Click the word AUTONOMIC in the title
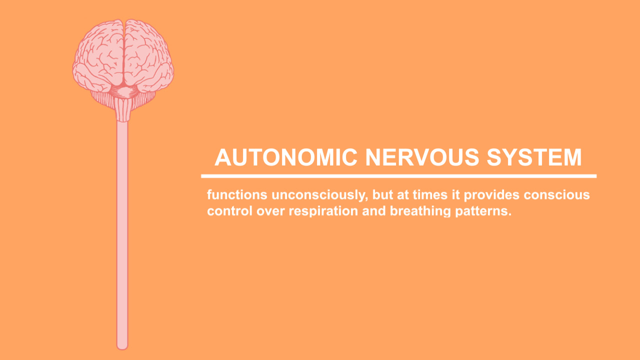(286, 157)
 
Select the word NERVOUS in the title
(422, 157)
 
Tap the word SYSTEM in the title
(534, 157)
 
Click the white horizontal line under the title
(399, 176)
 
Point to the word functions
(237, 195)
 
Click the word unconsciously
(319, 195)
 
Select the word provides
(491, 195)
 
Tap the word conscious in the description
(557, 195)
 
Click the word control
(229, 211)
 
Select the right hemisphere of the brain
(148, 55)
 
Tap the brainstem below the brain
(123, 109)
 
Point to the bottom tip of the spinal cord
(122, 349)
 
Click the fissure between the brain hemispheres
(124, 51)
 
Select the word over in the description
(270, 211)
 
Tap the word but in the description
(382, 195)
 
